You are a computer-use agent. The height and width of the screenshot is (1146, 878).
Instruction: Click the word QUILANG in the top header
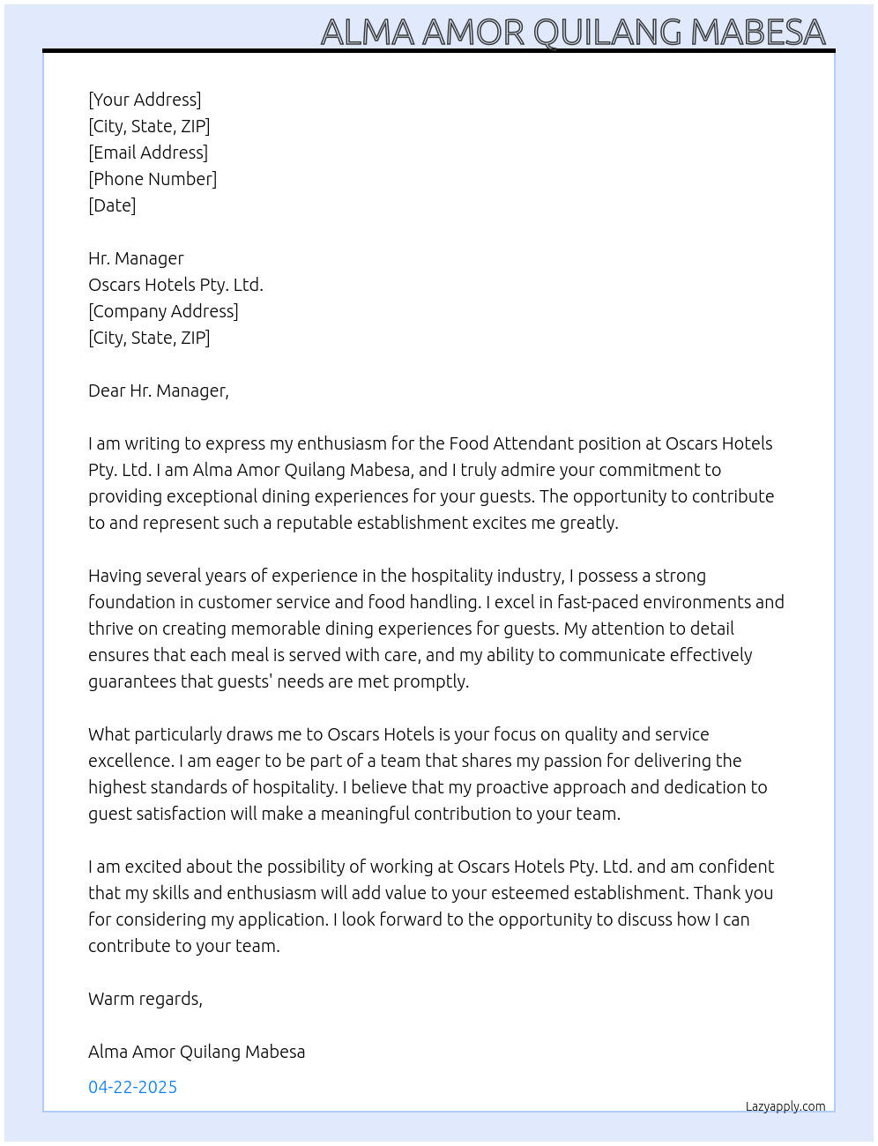point(607,32)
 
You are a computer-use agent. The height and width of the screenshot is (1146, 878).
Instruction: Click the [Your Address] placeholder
point(145,100)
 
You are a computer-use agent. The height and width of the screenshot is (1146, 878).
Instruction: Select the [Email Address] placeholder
point(148,153)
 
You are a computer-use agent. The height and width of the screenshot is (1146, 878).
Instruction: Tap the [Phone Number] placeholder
point(153,179)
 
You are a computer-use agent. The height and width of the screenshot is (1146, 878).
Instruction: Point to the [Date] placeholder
point(112,205)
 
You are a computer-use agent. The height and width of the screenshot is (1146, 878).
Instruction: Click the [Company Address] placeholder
point(163,311)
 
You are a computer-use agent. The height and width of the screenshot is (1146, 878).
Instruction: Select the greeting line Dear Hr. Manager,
point(159,391)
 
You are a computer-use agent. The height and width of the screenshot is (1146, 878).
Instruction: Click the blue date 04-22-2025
point(132,1087)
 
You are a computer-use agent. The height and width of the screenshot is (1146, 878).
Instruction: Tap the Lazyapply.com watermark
point(785,1106)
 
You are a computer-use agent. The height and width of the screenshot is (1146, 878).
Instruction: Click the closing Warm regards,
point(145,999)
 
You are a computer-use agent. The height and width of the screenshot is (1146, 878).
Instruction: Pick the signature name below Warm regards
point(197,1052)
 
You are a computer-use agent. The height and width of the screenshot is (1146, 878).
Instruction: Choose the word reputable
point(316,523)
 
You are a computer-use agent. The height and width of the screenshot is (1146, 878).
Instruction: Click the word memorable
point(324,629)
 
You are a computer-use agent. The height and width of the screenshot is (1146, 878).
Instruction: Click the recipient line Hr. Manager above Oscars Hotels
point(136,258)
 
